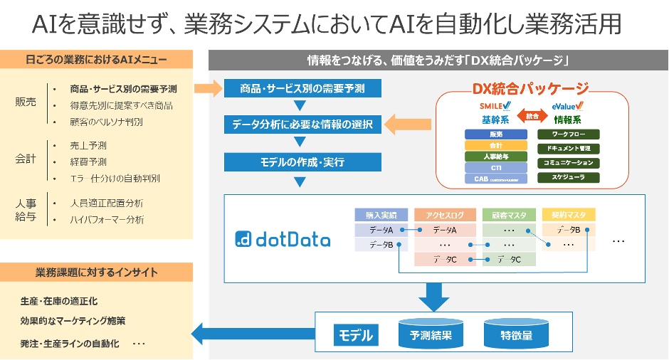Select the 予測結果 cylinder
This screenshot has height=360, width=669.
click(426, 334)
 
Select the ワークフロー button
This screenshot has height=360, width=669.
click(568, 134)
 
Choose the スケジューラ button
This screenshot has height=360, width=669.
click(568, 178)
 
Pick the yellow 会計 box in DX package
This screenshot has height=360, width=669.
click(495, 145)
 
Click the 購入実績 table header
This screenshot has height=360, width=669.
click(381, 214)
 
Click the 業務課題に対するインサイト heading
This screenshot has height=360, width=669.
click(97, 272)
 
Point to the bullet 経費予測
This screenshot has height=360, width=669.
click(88, 162)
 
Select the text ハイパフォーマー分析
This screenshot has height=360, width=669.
click(107, 219)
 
